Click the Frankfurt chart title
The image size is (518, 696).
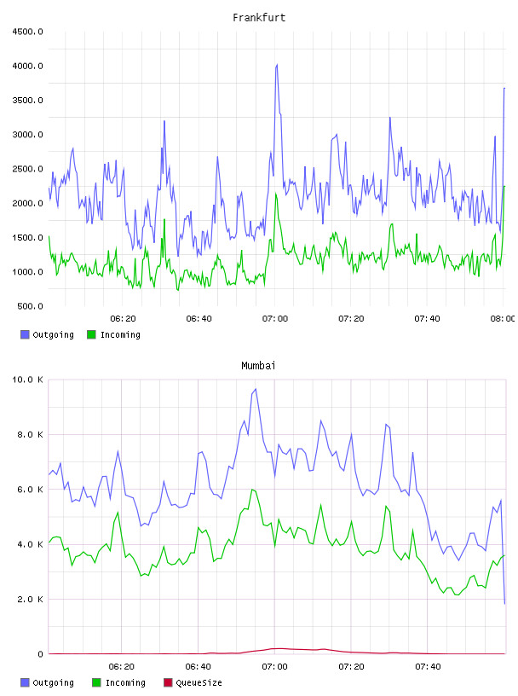(259, 18)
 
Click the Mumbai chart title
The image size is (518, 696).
(258, 366)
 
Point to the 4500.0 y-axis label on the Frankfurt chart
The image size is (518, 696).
(27, 32)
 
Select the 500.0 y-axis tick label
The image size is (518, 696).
(30, 306)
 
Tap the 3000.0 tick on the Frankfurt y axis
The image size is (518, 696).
(27, 135)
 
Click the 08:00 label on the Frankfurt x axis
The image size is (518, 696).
(503, 319)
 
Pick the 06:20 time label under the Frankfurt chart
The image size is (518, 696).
(123, 319)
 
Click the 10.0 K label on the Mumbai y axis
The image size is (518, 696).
(27, 380)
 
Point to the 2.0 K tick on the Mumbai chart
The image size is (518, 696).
(30, 600)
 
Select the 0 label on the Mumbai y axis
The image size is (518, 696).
(40, 654)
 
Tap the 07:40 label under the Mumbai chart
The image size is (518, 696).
(428, 667)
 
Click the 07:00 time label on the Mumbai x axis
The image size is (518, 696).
(274, 667)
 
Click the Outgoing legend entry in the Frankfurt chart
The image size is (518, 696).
(48, 334)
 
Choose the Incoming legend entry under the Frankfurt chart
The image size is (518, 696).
(114, 334)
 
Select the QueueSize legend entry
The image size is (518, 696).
(193, 682)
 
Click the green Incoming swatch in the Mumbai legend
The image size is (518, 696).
(96, 682)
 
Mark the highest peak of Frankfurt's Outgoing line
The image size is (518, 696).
(277, 65)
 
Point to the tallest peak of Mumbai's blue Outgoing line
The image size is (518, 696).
(256, 389)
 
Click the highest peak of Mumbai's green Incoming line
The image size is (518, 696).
(252, 489)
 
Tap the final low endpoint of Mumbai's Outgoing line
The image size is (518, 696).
(504, 604)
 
